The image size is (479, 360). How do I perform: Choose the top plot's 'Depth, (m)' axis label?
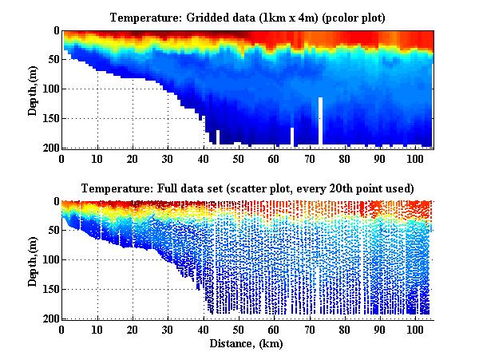[33, 89]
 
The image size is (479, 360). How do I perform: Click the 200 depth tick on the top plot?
[49, 148]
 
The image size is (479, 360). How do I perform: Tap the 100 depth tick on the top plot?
[49, 89]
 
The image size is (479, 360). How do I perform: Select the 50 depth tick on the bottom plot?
[52, 231]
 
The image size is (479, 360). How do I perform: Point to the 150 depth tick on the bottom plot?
[49, 289]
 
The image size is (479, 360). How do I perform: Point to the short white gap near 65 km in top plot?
[292, 136]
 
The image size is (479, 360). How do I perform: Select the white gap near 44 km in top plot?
[218, 137]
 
